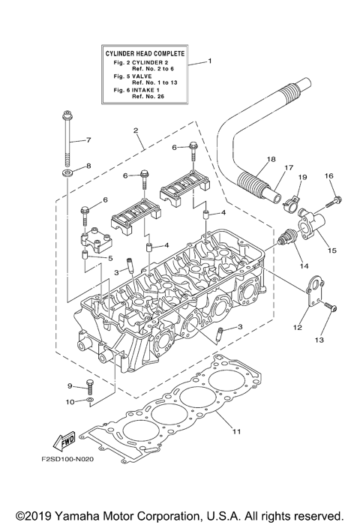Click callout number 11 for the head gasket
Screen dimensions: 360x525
coord(237,431)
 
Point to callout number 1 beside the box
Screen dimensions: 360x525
coord(210,61)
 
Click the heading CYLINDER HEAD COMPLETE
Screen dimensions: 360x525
coord(145,53)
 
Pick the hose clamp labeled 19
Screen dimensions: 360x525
coord(291,202)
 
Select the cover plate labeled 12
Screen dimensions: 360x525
coord(315,291)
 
